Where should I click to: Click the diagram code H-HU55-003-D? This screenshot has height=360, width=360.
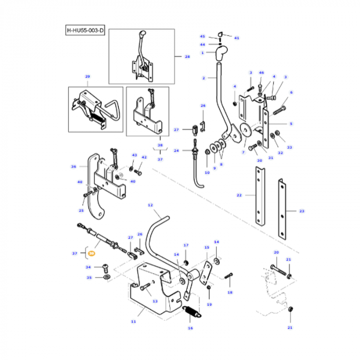coord(85,31)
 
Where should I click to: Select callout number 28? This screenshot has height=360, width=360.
coord(187,57)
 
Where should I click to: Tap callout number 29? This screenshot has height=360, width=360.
coord(87,77)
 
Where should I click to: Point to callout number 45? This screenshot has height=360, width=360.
coord(202,37)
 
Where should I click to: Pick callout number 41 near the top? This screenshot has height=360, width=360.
coord(237,38)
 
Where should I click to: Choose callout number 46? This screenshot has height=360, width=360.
coord(261,74)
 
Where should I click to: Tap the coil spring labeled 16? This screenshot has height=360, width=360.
coord(191,312)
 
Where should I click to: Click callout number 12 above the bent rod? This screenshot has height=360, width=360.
coord(150,205)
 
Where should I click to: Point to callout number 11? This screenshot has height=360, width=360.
coord(133,321)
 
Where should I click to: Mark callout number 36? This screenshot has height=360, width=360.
coord(74,167)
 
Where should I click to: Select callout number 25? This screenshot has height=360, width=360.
coord(81,211)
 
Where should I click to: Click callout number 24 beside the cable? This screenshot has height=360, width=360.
coord(176,151)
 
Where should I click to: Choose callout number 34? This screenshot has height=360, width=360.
coord(88,267)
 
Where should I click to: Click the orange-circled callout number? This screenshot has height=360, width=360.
coord(92,254)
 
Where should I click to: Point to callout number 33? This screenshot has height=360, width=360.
coord(289,147)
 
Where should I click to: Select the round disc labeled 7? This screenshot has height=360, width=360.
coord(245,131)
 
